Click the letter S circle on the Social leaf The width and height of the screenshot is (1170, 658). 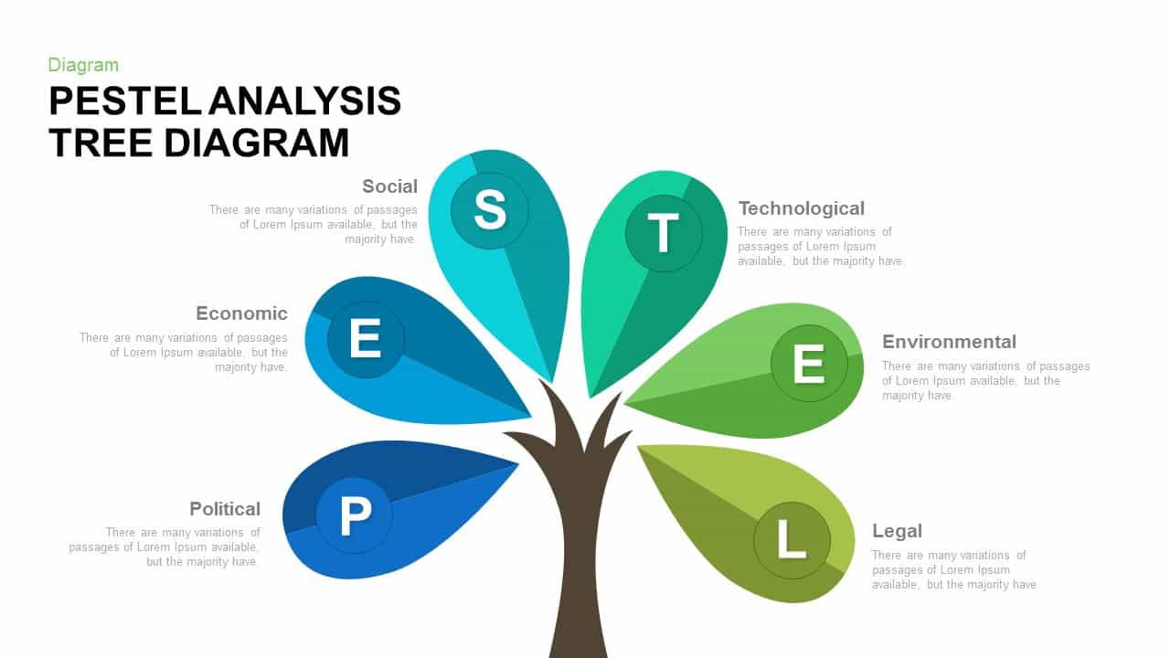(489, 211)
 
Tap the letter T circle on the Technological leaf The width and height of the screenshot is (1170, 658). (664, 233)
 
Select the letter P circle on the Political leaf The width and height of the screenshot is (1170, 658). (355, 515)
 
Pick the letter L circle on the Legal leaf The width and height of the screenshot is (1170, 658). (792, 540)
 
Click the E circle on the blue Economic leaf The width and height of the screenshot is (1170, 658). (366, 340)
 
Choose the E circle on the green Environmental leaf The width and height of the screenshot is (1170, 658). (809, 365)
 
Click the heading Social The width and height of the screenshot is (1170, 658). (389, 186)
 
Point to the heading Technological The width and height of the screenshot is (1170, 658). (801, 208)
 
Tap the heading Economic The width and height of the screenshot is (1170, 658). (241, 313)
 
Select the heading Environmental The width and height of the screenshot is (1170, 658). (949, 342)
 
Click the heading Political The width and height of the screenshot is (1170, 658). (225, 509)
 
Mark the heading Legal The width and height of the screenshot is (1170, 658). (897, 531)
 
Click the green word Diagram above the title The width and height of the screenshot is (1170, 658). (83, 65)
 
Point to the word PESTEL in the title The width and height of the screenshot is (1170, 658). (124, 101)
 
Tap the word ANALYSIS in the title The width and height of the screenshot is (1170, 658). (305, 101)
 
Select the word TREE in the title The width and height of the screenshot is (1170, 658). (101, 143)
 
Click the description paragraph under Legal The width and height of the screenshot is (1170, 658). (952, 569)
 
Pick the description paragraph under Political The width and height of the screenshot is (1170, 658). (165, 547)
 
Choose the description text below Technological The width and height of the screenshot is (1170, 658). (820, 247)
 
